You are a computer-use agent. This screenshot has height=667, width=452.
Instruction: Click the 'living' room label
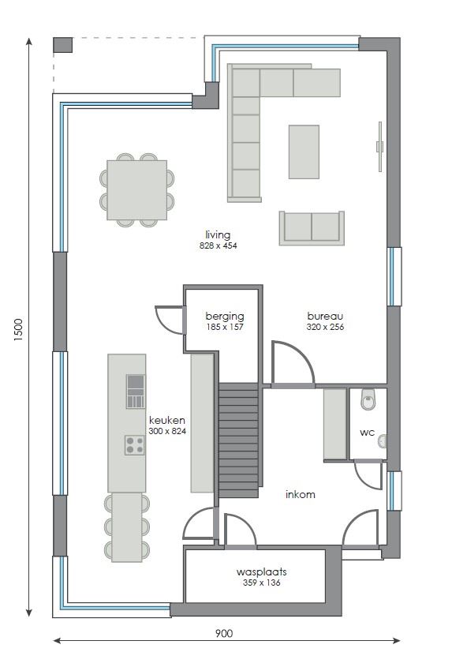click(x=218, y=234)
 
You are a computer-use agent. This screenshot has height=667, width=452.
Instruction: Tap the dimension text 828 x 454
click(x=218, y=245)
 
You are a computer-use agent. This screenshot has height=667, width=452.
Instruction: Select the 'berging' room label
click(x=224, y=315)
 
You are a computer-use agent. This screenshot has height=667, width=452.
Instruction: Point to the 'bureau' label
click(x=324, y=316)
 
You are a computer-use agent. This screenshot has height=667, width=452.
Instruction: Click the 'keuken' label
click(x=167, y=421)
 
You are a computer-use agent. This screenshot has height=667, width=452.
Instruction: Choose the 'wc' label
click(x=367, y=433)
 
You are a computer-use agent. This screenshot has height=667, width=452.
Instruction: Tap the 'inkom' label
click(x=300, y=495)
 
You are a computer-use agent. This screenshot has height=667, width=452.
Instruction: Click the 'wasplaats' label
click(x=261, y=571)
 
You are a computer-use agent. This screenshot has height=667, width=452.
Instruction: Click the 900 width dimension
click(x=223, y=633)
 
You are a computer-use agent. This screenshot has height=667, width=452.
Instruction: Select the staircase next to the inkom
click(x=238, y=440)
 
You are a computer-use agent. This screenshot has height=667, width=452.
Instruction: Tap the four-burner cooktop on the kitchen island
click(x=134, y=445)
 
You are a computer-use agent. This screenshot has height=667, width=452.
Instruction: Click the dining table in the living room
click(x=137, y=189)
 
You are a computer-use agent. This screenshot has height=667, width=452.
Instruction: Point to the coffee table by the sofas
click(x=304, y=152)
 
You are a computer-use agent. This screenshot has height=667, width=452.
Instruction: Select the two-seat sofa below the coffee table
click(x=312, y=227)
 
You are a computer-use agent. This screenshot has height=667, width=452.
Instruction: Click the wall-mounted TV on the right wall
click(x=379, y=146)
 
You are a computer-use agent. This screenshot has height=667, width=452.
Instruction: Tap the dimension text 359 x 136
click(x=261, y=583)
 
